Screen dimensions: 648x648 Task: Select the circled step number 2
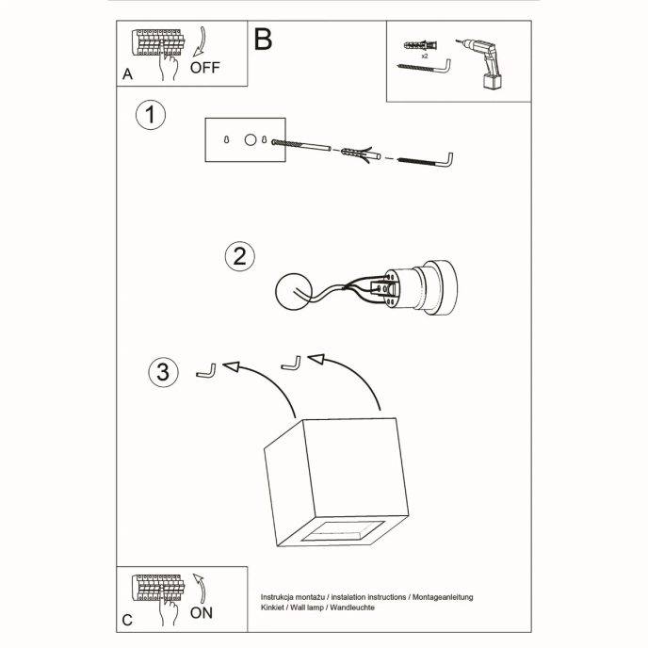239,256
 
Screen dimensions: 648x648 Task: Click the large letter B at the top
263,40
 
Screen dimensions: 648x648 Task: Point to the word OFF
205,68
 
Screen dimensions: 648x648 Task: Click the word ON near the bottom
202,612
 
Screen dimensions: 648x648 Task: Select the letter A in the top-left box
127,73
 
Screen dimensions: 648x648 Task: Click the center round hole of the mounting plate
250,140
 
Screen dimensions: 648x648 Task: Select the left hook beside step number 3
205,372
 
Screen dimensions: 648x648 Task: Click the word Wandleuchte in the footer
351,608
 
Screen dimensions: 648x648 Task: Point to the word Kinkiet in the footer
275,608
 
